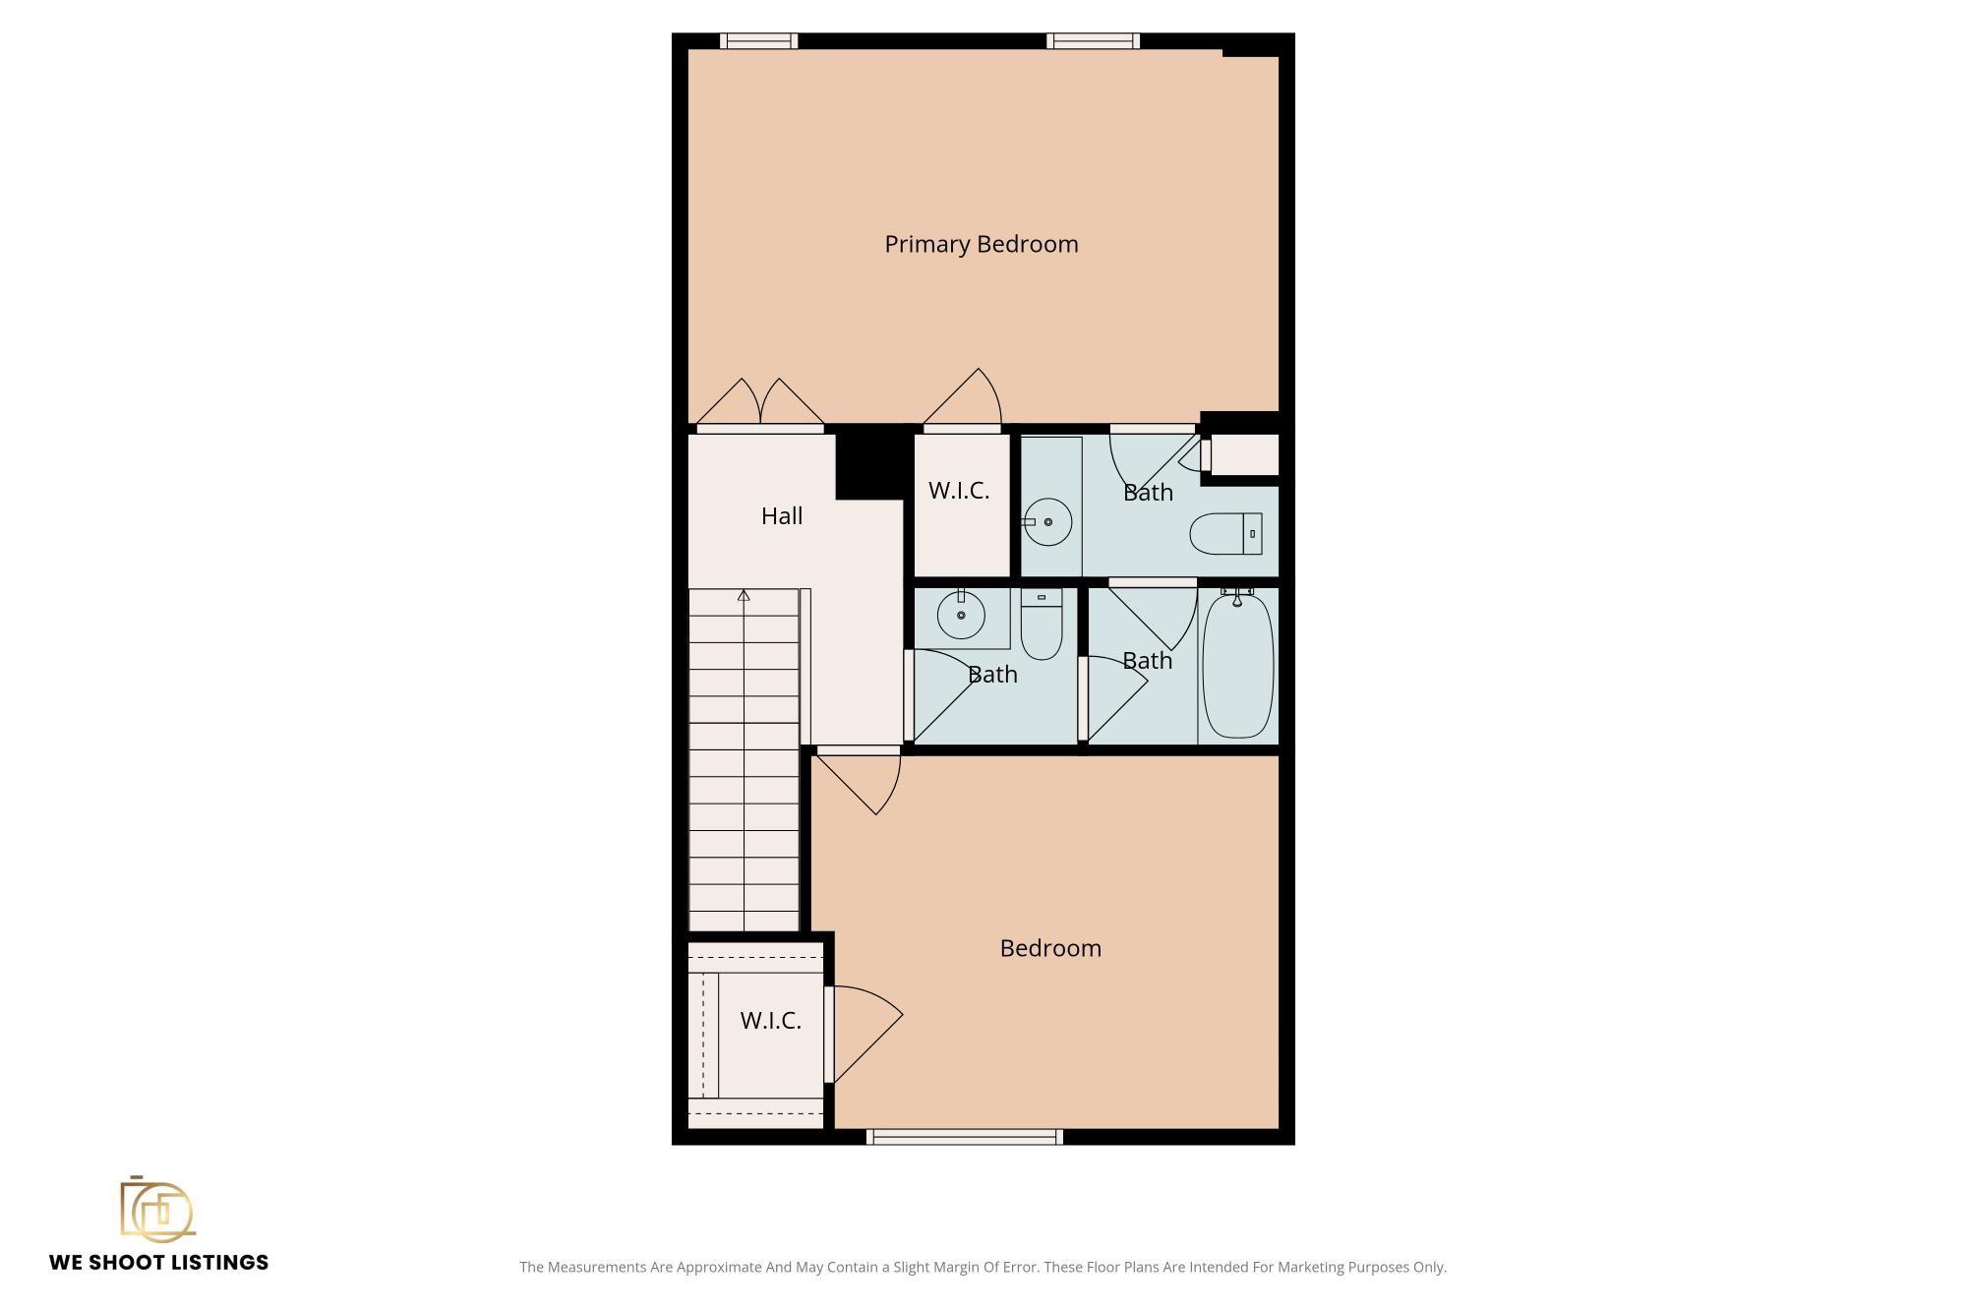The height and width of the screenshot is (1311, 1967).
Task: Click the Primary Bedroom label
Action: pos(982,245)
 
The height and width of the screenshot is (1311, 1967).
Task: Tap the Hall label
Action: pos(782,516)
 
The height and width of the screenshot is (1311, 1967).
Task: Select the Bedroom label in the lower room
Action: pos(1050,948)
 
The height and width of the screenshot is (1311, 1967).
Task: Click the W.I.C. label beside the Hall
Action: pos(959,491)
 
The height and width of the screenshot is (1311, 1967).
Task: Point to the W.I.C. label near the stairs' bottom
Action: pos(771,1021)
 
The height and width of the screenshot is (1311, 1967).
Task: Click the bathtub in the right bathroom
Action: pos(1238,665)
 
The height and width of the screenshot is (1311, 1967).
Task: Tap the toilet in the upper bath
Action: pos(1225,534)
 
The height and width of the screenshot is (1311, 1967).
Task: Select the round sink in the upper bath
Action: pos(1047,522)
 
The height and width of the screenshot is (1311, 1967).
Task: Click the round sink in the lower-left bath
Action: pos(961,616)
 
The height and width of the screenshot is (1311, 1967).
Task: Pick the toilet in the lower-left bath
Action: pos(1042,624)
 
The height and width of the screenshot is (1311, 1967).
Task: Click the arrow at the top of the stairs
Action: pos(744,595)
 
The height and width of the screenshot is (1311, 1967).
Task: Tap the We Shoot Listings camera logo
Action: pos(157,1208)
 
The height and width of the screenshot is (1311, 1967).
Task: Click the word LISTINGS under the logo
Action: pos(215,1263)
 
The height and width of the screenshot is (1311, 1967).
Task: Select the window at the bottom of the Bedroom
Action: pos(965,1137)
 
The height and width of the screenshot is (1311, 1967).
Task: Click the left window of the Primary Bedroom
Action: pos(758,40)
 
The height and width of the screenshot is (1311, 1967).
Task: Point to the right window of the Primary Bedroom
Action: pos(1093,40)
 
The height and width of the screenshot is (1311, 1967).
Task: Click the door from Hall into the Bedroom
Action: pos(859,781)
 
